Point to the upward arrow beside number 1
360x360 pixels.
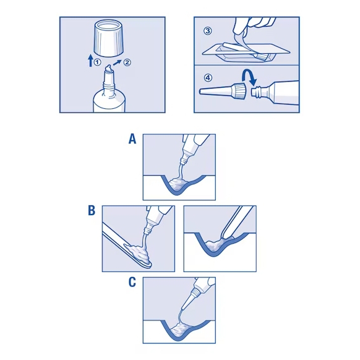(x=90, y=60)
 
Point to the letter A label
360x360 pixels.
(x=132, y=139)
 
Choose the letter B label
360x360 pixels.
(x=91, y=211)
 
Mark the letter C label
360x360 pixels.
(x=132, y=282)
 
